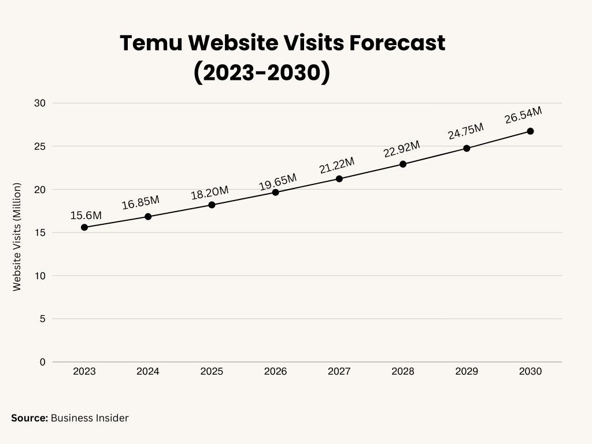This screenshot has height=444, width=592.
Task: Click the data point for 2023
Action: [84, 227]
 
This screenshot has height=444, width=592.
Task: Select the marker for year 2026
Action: [275, 192]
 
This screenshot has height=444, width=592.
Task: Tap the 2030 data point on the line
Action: [530, 131]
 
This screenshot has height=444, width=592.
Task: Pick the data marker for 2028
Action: [403, 164]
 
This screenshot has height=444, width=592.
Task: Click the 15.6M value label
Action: [86, 215]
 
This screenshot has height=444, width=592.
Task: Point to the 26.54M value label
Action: [523, 115]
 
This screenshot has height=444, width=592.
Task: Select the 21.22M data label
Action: [337, 165]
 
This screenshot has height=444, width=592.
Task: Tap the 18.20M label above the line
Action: [210, 193]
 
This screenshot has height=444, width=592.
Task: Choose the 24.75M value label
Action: [465, 131]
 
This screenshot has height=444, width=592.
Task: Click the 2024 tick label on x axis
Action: [148, 371]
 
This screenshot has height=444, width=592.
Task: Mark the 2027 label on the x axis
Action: [339, 371]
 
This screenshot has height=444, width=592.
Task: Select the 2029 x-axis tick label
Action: [467, 371]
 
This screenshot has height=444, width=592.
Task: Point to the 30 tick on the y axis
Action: [40, 103]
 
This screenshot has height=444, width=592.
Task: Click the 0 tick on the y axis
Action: [42, 362]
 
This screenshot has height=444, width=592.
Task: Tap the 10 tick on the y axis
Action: [40, 276]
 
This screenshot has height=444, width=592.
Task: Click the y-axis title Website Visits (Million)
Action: [17, 236]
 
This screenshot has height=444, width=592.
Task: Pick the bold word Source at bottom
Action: [29, 417]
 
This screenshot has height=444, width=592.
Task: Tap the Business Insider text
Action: [90, 417]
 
